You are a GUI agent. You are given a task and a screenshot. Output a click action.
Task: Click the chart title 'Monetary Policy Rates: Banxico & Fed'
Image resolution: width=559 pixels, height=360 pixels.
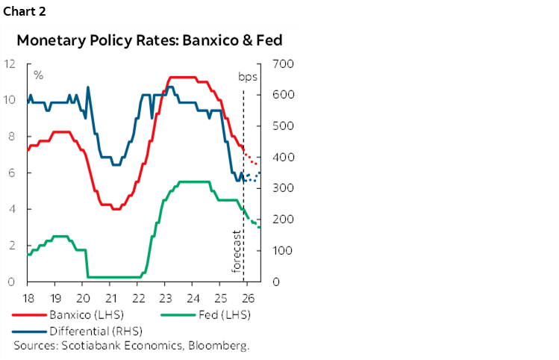(150, 40)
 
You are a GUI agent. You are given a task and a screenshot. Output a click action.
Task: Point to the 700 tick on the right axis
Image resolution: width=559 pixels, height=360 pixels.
(283, 63)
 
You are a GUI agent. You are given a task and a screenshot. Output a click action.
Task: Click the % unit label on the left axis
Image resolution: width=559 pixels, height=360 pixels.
(37, 75)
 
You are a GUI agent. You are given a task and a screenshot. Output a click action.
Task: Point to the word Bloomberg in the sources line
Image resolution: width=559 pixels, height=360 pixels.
(222, 345)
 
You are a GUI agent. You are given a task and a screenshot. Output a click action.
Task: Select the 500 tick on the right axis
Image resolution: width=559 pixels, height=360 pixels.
(283, 126)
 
